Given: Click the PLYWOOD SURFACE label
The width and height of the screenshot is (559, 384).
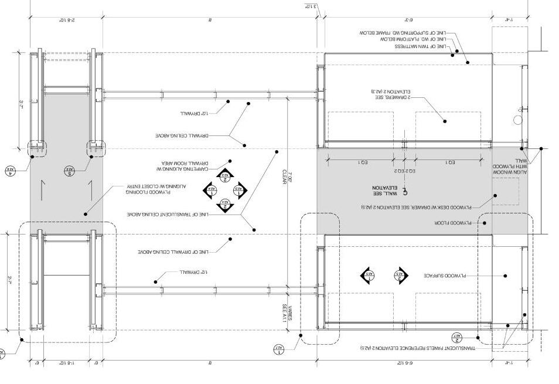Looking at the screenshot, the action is point(443,276).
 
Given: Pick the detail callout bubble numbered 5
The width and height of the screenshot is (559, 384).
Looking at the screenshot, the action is point(70,171).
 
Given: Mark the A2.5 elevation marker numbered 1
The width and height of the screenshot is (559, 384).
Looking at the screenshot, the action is point(368,274).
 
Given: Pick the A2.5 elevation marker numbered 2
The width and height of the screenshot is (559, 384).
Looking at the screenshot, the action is point(401,274).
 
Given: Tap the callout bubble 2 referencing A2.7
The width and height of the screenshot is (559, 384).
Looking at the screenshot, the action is point(458,337).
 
